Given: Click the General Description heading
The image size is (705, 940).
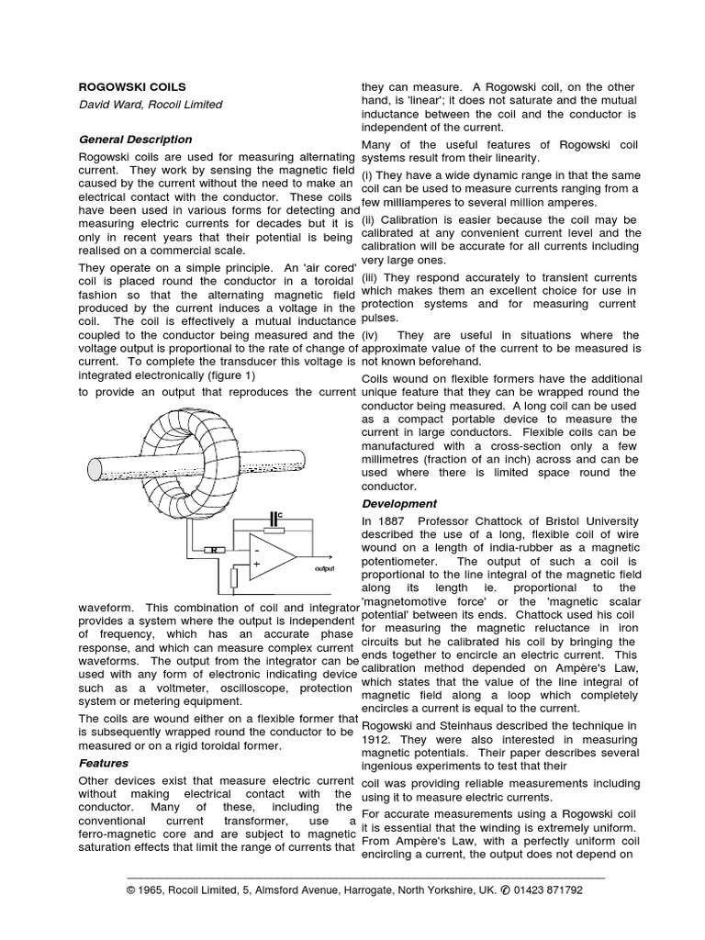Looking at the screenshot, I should pos(135,140).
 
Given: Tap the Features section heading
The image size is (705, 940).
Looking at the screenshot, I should pos(103,763).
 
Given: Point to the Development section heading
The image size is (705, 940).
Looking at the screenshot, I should pos(399,504).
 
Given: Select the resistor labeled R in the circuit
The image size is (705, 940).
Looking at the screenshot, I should pos(213,550).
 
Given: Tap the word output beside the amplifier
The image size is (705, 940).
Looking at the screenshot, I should pos(326,569).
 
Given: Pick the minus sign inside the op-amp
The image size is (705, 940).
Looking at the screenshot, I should pos(258,549).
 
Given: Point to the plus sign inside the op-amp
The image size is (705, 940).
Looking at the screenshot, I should pos(258,565).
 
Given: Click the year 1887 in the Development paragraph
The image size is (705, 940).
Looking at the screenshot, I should pos(394,521).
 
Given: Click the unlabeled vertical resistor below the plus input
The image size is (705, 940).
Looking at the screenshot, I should pos(235,576).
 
